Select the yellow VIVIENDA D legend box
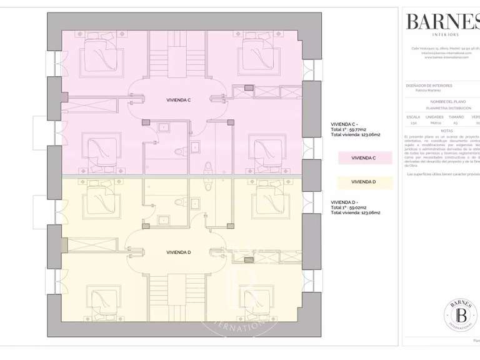pyautogui.click(x=364, y=182)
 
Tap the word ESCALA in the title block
pyautogui.click(x=413, y=116)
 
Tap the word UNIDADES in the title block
pyautogui.click(x=434, y=116)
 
